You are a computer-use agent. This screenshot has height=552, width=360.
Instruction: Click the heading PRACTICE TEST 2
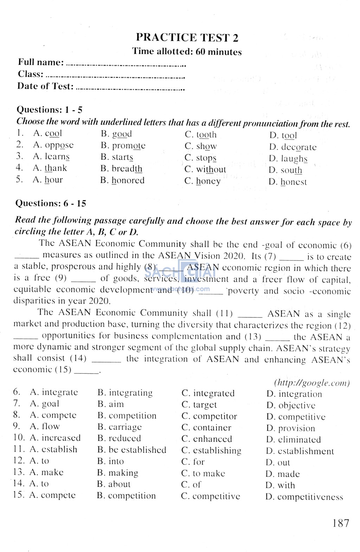187,38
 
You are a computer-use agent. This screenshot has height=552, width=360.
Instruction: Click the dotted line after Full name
126,65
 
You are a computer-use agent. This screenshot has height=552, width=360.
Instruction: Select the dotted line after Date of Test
130,89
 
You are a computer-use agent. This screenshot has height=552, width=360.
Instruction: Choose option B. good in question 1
116,134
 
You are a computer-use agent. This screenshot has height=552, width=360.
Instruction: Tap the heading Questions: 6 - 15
51,203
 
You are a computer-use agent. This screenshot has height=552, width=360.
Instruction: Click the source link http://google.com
311,383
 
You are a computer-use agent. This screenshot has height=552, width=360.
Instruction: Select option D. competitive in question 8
296,417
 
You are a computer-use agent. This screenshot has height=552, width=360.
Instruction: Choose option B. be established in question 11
132,450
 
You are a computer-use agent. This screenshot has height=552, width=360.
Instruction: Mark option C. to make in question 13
203,474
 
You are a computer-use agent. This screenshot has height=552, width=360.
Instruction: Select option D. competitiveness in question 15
304,497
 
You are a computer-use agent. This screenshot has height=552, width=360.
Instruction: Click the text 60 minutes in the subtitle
219,52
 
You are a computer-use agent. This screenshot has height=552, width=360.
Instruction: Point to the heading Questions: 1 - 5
50,110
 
